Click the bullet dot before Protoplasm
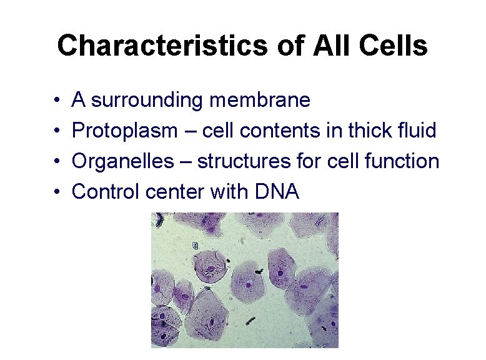56,131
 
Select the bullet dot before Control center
56,192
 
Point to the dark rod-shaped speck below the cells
251,321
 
